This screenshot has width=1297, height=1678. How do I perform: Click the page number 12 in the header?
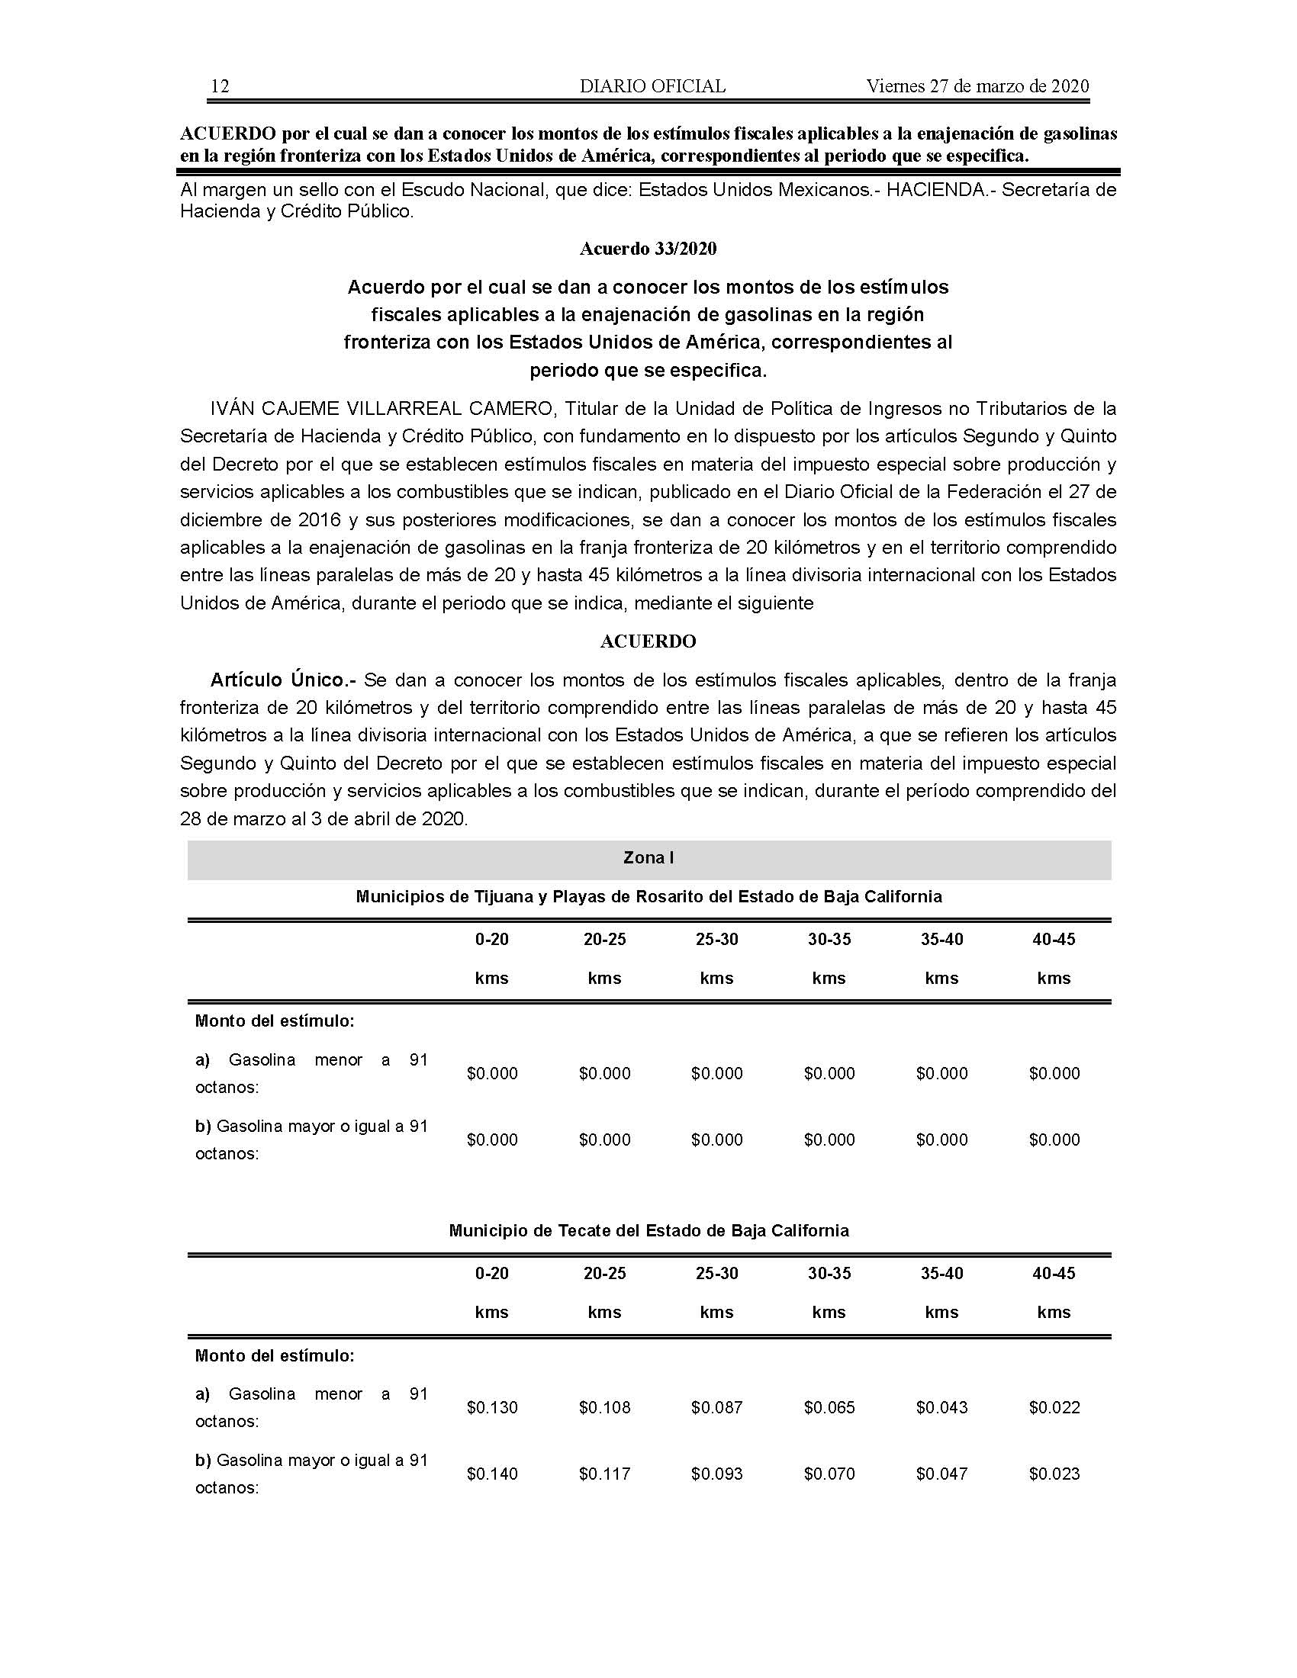click(x=220, y=86)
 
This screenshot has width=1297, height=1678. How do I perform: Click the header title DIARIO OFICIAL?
click(x=652, y=86)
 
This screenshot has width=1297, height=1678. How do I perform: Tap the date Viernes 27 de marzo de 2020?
click(x=977, y=86)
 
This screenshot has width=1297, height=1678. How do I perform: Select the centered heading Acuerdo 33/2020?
click(x=648, y=249)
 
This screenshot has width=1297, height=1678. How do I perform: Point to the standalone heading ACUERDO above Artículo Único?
click(x=648, y=641)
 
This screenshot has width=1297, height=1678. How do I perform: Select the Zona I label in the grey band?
click(x=648, y=858)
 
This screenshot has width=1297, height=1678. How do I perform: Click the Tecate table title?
click(x=648, y=1231)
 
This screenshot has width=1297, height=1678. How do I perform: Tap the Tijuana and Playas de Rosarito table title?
click(x=648, y=897)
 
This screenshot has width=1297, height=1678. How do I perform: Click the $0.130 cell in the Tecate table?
click(x=492, y=1407)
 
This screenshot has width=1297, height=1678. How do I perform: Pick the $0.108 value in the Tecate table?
click(x=605, y=1407)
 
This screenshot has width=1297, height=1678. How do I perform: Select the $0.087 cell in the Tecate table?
click(x=717, y=1407)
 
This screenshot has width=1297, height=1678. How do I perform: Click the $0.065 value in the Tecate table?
click(x=829, y=1407)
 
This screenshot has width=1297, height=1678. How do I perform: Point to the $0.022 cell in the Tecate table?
click(x=1054, y=1407)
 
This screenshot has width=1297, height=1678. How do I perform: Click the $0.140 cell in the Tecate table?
click(x=492, y=1474)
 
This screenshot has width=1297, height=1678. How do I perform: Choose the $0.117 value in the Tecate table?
click(x=605, y=1474)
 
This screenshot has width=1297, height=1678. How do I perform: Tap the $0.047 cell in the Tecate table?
click(x=941, y=1474)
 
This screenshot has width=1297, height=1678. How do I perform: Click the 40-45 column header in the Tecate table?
click(x=1054, y=1273)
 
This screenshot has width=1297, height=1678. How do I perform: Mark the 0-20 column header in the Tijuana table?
click(x=492, y=939)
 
